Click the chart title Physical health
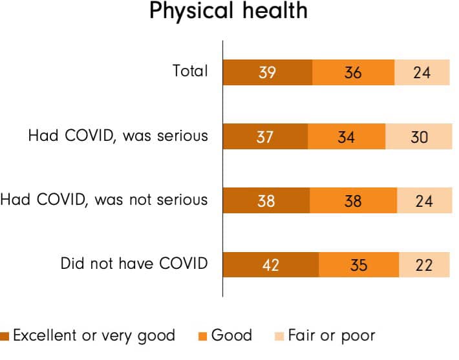click(228, 12)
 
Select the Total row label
click(191, 71)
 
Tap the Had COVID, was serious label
click(118, 136)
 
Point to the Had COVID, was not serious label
click(104, 199)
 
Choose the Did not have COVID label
click(134, 263)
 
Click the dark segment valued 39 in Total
click(267, 72)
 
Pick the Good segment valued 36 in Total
click(353, 72)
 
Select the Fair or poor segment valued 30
click(418, 136)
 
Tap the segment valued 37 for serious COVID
click(265, 136)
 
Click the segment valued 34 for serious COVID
click(347, 136)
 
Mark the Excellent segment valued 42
click(271, 264)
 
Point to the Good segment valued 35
click(359, 264)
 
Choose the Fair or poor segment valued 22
click(424, 264)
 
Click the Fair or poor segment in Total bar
click(422, 72)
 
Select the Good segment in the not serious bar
click(354, 200)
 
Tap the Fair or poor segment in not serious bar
click(423, 200)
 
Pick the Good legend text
click(231, 335)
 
